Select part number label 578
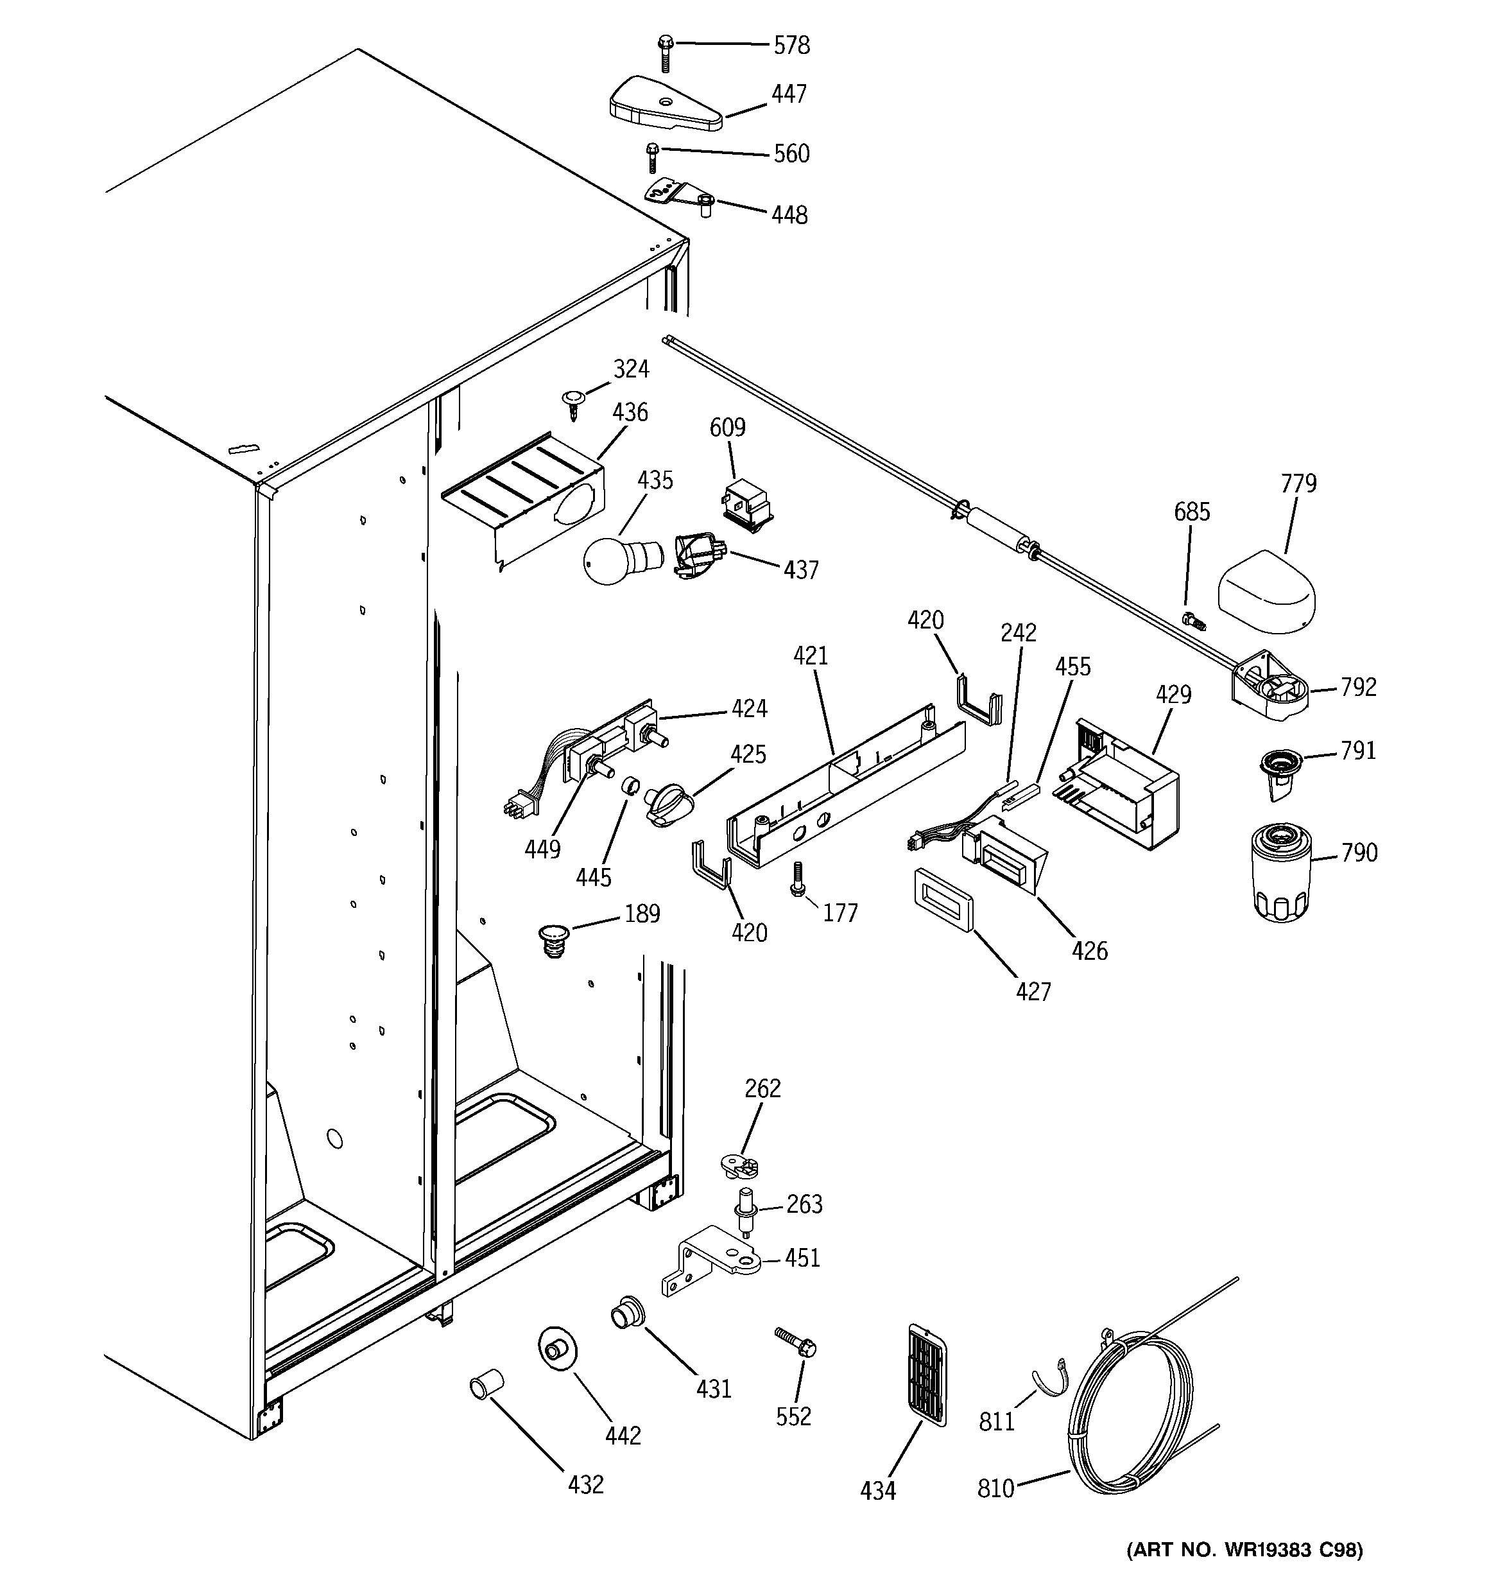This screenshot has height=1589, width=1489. point(791,46)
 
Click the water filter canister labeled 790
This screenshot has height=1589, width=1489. point(1281,875)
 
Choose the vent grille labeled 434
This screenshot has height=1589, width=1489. point(927,1374)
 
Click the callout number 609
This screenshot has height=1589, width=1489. point(727,428)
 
